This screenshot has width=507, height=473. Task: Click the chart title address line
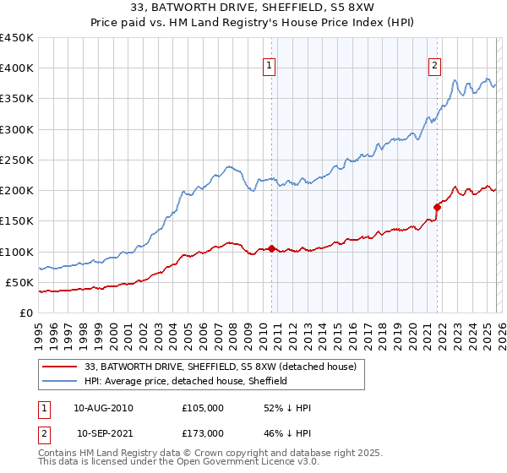(x=253, y=8)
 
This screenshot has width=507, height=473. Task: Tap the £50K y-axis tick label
(x=20, y=282)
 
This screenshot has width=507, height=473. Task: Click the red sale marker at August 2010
(x=271, y=248)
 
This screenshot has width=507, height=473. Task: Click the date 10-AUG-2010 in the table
(x=103, y=408)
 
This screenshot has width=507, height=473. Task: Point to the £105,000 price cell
(x=202, y=408)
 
